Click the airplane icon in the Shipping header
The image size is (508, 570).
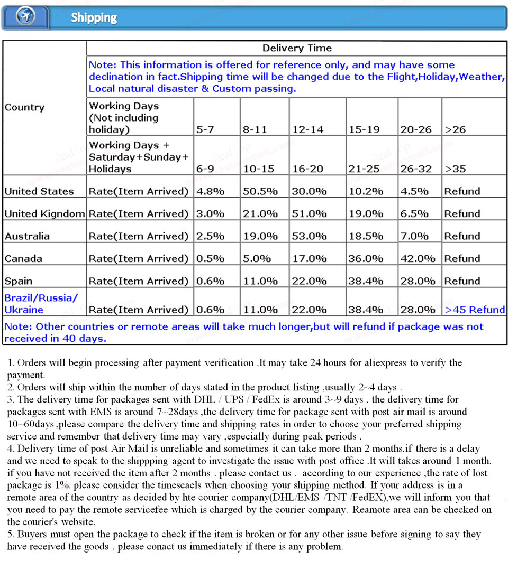[25, 16]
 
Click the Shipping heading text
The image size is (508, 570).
[94, 17]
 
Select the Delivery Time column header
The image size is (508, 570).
[297, 48]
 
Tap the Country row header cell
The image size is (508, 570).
[24, 107]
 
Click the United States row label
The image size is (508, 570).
[39, 191]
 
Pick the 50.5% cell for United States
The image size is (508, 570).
[260, 191]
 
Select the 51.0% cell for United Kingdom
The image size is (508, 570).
[309, 214]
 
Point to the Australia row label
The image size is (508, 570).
[27, 236]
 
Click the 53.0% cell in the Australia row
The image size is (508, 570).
[309, 236]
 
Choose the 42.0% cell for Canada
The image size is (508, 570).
[418, 259]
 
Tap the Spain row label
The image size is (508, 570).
[19, 281]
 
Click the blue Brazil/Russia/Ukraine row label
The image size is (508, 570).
[41, 303]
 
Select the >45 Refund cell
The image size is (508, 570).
[475, 310]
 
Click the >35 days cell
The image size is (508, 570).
[455, 169]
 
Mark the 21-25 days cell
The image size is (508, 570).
[364, 169]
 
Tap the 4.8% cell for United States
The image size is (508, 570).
[210, 191]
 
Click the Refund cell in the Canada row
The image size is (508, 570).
[462, 259]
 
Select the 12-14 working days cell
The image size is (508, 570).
[307, 129]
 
